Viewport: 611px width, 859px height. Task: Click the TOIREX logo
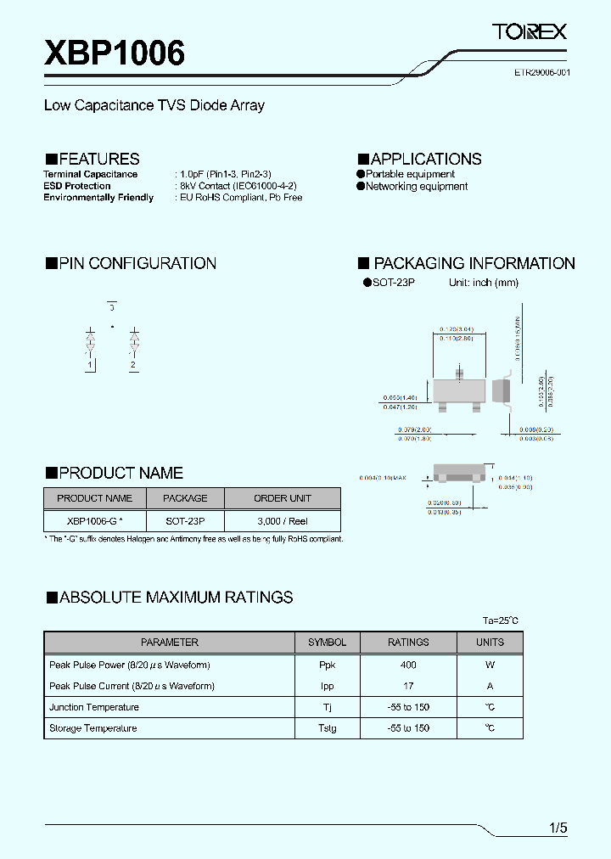[x=529, y=32]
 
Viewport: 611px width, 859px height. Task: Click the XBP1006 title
[x=115, y=53]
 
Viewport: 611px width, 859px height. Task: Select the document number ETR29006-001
[x=541, y=73]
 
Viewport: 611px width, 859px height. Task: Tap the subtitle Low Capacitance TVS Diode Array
[x=154, y=105]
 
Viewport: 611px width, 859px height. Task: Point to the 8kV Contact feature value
[x=238, y=186]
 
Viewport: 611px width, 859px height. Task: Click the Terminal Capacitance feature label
[x=91, y=174]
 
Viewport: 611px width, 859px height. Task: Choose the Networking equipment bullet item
[x=416, y=187]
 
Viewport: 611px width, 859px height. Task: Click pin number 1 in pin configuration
[x=89, y=365]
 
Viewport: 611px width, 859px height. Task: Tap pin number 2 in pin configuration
[x=132, y=365]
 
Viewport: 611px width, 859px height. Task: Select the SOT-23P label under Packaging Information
[x=393, y=283]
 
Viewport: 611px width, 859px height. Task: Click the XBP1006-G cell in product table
[x=94, y=521]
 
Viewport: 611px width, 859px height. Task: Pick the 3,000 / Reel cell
[x=282, y=521]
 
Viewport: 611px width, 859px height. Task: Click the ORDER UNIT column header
[x=282, y=498]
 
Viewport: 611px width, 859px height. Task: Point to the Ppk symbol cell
[x=327, y=665]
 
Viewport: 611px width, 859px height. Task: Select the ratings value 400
[x=408, y=665]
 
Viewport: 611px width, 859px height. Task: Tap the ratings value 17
[x=408, y=686]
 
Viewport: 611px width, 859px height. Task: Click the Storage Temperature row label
[x=92, y=728]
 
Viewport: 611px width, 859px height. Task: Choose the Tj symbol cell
[x=327, y=707]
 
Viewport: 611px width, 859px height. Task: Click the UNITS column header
[x=490, y=643]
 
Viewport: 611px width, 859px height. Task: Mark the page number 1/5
[x=558, y=828]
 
